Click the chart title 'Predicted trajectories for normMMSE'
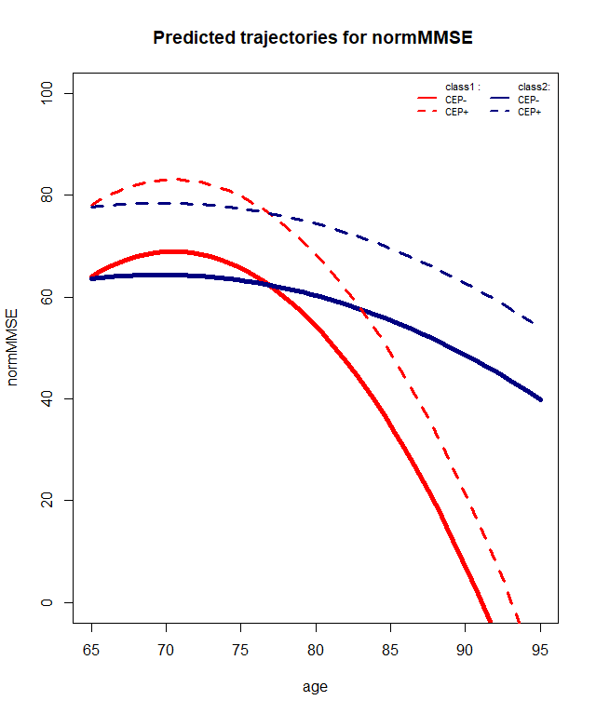[x=314, y=38]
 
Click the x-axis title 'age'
[x=315, y=687]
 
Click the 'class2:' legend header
[x=534, y=87]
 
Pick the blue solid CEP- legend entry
[x=517, y=99]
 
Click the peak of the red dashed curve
[x=169, y=179]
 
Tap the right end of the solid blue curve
[x=540, y=399]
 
